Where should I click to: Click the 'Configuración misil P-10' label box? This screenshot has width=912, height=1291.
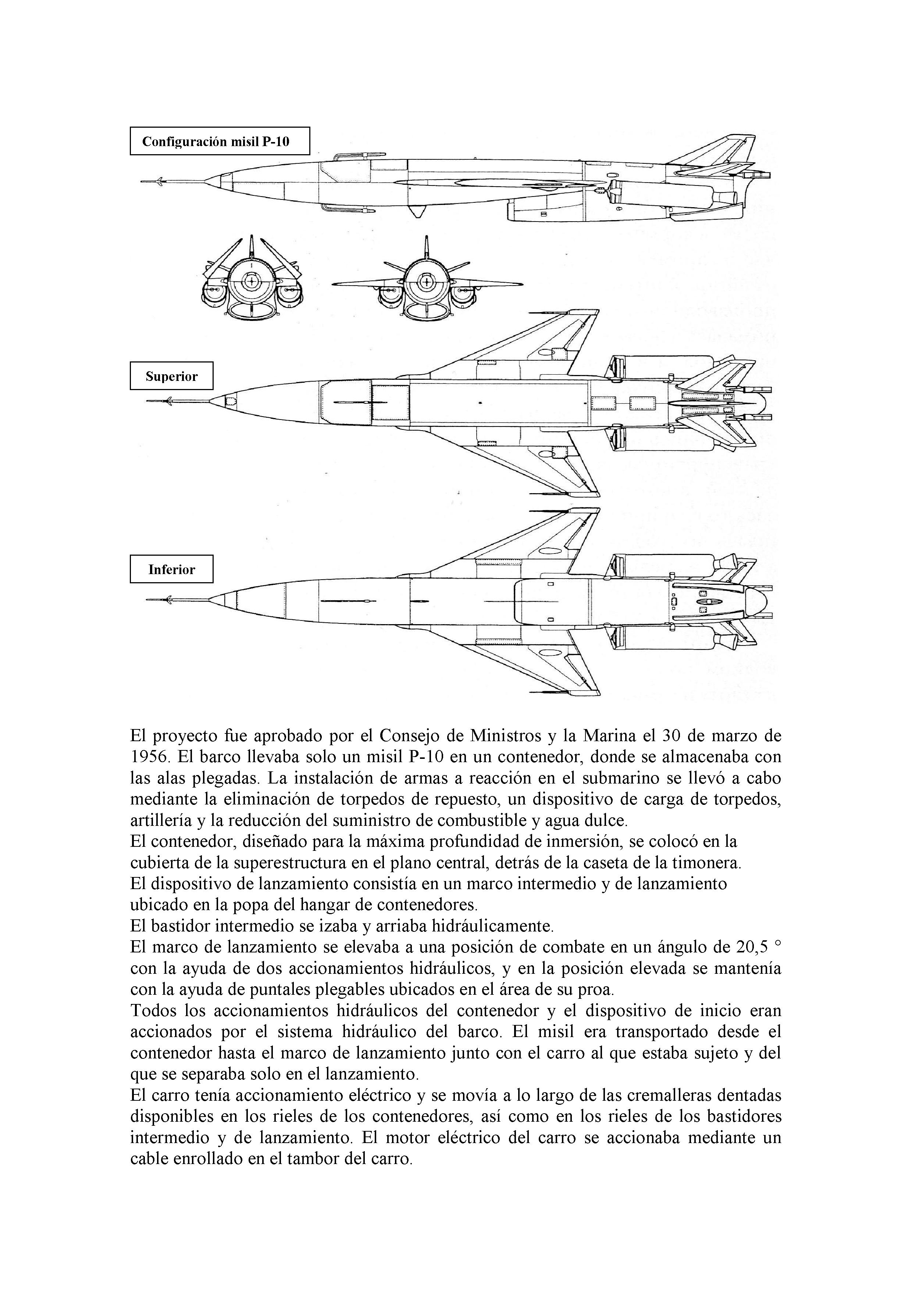[220, 141]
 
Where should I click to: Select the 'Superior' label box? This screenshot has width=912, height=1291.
[171, 376]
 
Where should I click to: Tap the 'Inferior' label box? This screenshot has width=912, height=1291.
[171, 569]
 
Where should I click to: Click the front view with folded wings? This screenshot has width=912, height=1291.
[252, 280]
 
